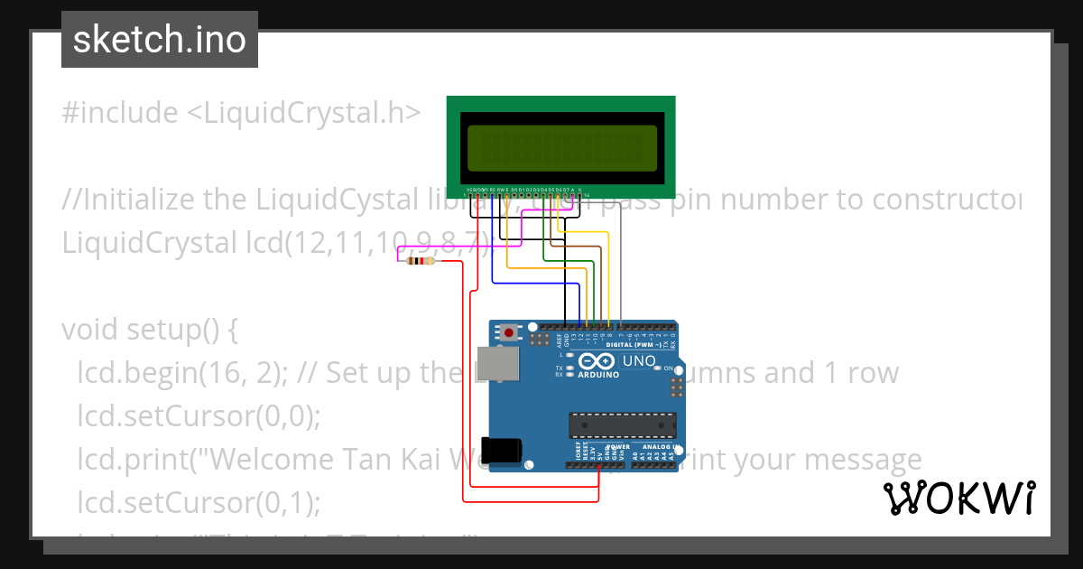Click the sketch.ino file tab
[x=160, y=41]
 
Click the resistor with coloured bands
[x=419, y=261]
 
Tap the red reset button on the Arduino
[x=509, y=332]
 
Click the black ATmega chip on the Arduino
[x=622, y=425]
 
